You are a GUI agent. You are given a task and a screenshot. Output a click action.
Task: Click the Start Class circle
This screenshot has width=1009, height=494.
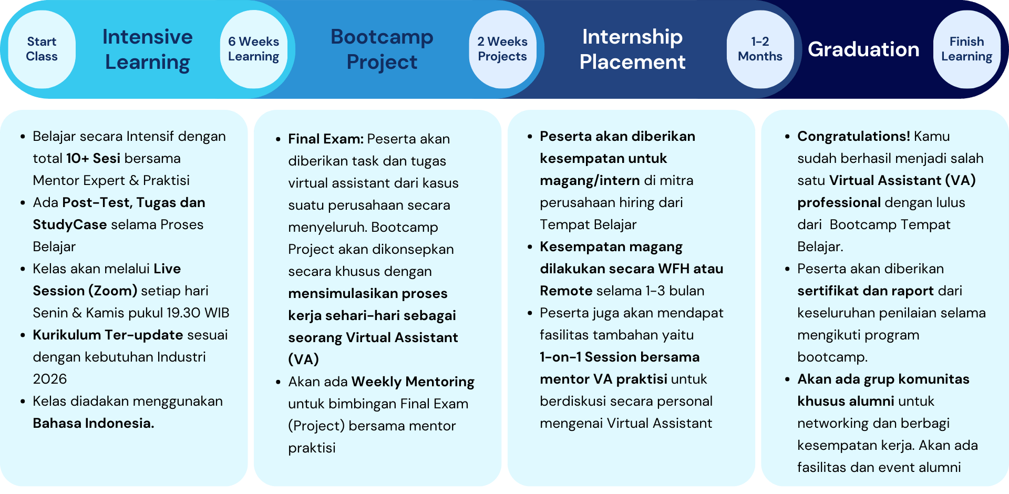[x=42, y=49]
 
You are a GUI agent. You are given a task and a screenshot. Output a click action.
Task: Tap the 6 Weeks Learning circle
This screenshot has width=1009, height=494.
[x=254, y=49]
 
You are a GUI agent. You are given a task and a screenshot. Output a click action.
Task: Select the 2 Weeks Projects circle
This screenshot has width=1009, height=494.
[x=502, y=49]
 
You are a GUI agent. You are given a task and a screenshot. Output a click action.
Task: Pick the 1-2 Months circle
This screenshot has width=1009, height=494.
[x=760, y=49]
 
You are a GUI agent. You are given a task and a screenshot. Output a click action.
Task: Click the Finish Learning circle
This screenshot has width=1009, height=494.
[x=967, y=49]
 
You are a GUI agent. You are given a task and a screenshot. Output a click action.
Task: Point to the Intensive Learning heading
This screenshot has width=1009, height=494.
[x=148, y=49]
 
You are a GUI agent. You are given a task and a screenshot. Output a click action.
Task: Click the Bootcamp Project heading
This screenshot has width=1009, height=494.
[x=382, y=49]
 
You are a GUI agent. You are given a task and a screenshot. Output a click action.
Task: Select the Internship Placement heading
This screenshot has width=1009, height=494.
[x=632, y=49]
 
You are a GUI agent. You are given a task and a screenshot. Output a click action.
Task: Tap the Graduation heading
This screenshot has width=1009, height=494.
[x=863, y=49]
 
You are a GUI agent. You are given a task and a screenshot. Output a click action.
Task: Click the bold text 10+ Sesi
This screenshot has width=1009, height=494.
[x=93, y=158]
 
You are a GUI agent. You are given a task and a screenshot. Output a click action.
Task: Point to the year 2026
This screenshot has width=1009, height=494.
[x=50, y=379]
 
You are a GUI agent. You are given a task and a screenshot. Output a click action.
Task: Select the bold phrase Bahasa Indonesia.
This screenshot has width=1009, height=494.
[x=94, y=423]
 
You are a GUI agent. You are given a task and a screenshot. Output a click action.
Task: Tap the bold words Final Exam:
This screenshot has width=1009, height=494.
[x=326, y=139]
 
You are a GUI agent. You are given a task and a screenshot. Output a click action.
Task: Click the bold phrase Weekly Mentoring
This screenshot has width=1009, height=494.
[x=413, y=382]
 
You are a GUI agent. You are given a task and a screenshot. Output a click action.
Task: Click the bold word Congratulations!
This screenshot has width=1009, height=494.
[x=853, y=137]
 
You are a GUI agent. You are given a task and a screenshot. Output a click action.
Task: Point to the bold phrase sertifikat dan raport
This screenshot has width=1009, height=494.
[x=866, y=291]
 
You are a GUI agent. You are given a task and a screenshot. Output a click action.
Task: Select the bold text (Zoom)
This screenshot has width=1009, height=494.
[x=113, y=291]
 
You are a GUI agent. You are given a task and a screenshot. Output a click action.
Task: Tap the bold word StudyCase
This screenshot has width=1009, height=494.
[x=70, y=225]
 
